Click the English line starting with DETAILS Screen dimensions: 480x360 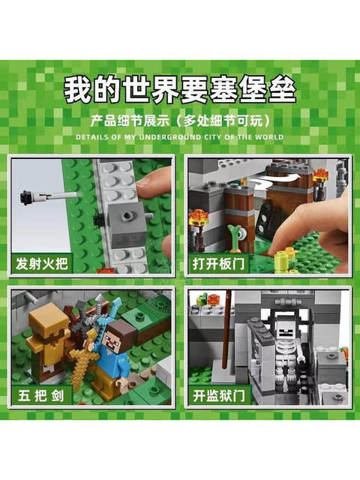[179, 137]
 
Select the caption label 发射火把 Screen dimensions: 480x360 [38, 264]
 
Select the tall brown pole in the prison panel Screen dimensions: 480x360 [224, 330]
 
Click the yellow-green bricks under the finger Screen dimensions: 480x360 [283, 259]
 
